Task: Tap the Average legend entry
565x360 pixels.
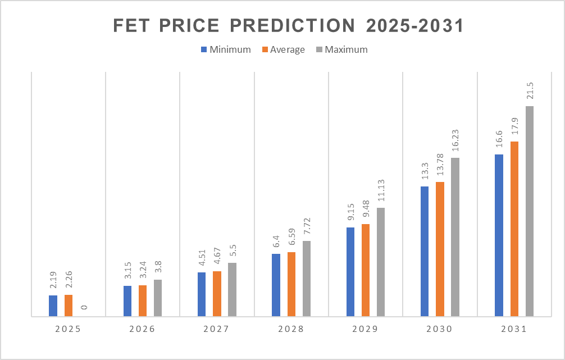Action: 283,49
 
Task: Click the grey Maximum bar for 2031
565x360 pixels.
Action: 530,211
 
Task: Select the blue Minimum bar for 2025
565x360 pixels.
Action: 53,306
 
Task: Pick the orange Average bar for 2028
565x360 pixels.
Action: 291,284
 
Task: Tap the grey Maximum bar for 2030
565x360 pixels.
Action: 455,237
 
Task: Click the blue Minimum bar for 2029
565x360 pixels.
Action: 350,272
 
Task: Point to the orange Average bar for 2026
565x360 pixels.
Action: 143,301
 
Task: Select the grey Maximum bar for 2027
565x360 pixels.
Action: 232,290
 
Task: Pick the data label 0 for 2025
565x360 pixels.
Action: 84,308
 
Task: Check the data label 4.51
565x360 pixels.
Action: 202,257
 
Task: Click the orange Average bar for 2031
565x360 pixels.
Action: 514,229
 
